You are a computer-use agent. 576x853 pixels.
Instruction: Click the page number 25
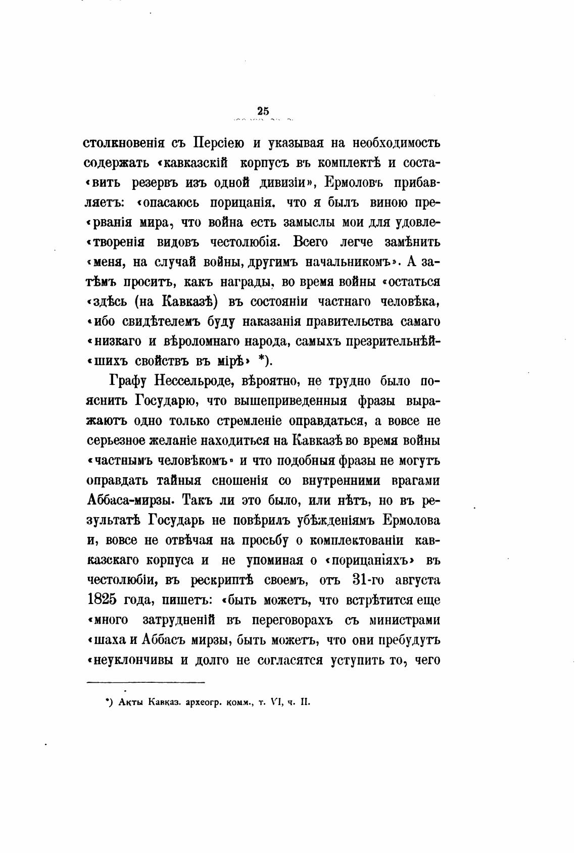263,111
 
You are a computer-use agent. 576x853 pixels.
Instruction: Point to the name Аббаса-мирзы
131,500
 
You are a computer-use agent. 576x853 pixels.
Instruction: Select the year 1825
103,600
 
